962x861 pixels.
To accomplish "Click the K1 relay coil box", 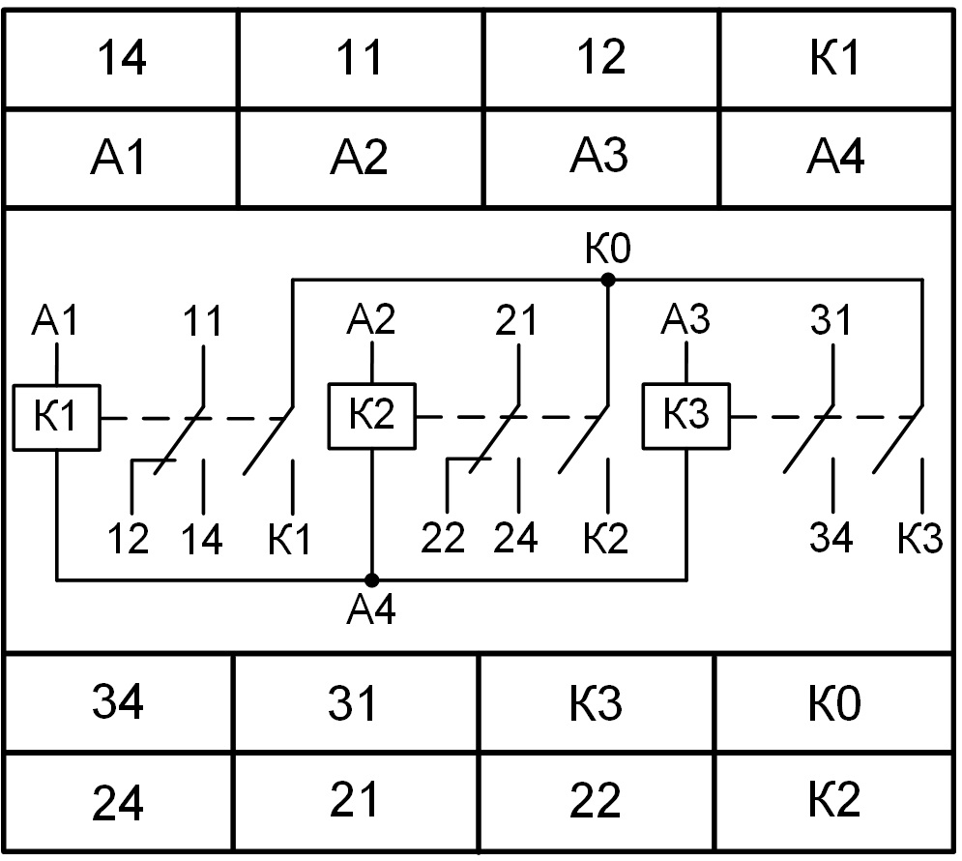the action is [56, 418].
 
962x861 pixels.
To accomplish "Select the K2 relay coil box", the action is [372, 417].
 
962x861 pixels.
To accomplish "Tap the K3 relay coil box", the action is [685, 417].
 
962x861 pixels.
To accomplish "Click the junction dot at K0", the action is [607, 280].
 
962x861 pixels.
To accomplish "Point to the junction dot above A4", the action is [372, 579].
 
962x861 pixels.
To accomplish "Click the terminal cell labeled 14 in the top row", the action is [121, 59].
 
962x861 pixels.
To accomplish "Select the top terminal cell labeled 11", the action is [361, 59].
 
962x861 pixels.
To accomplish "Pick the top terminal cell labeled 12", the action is [601, 59].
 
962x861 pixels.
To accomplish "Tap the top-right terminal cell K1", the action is [835, 59].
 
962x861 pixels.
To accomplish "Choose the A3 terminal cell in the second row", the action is [601, 158].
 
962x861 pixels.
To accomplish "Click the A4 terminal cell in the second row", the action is [835, 158].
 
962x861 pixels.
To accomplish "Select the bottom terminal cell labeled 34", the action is [118, 702].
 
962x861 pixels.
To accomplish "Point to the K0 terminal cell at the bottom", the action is [834, 702].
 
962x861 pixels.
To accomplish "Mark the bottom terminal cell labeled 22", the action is [597, 801].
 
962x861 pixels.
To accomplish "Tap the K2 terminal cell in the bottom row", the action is [834, 801].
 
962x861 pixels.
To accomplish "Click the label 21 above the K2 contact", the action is [516, 319].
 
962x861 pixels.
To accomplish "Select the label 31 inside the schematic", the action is [831, 319].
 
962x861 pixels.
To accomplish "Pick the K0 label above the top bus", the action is [607, 248].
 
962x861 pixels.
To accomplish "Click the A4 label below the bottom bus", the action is [371, 609].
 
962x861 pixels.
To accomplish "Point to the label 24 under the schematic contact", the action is [516, 537].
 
